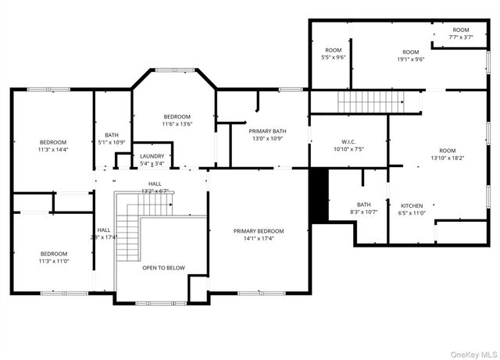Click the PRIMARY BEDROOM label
coord(259,231)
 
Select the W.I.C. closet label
coord(348,141)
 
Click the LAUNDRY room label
coord(152,156)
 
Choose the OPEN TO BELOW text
coord(163,268)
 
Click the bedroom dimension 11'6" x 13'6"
coord(177,123)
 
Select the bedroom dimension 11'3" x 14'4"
coord(53,149)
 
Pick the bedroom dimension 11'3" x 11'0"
coord(53,261)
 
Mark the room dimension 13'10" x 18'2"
coord(447,158)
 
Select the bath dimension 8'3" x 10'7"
coord(363,212)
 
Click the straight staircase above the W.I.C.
coord(368,102)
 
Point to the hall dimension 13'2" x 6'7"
coord(155,191)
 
